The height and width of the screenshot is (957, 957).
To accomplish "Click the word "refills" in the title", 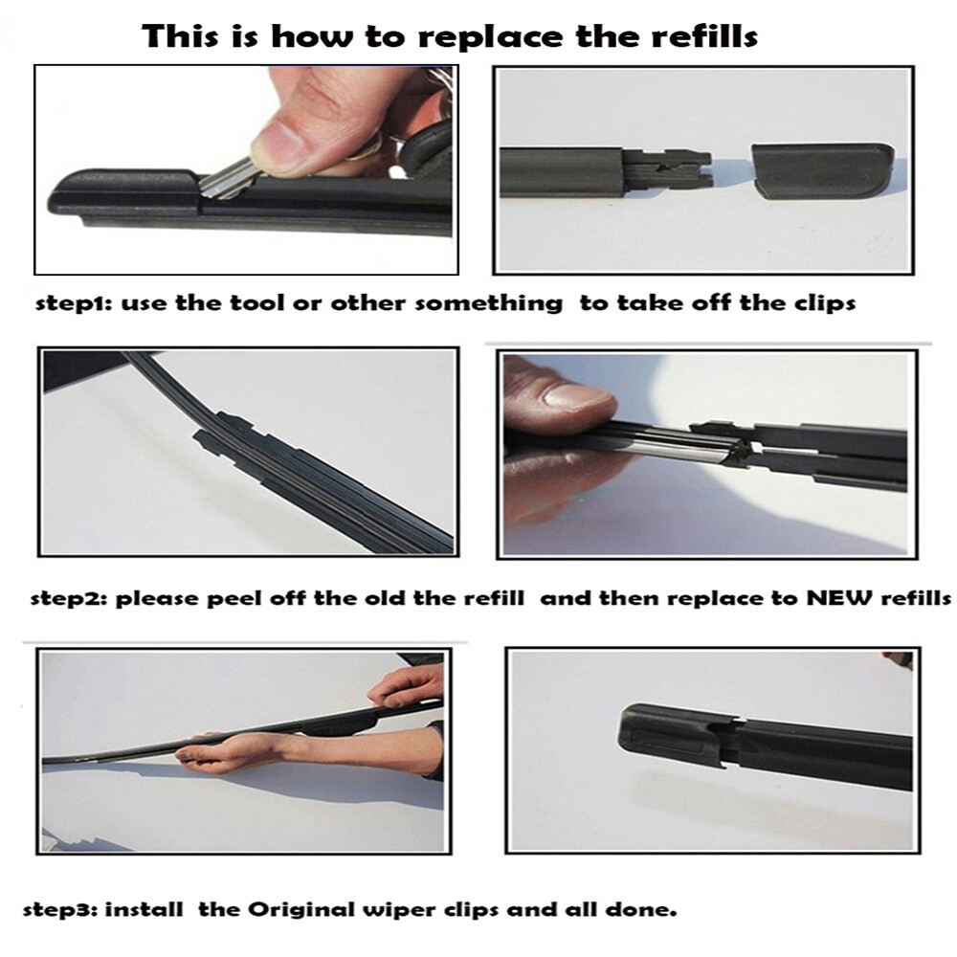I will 702,37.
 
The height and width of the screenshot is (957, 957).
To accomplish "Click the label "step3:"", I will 59,907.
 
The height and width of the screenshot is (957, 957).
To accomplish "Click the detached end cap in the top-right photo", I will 821,169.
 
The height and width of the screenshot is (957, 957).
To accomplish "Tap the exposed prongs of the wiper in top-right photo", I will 670,167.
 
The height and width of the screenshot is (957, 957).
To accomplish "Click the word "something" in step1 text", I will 489,303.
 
